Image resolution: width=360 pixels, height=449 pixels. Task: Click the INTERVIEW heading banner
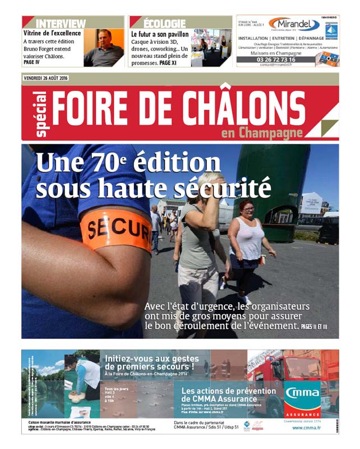pos(61,23)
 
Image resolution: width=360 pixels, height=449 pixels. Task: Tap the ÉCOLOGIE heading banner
pos(164,23)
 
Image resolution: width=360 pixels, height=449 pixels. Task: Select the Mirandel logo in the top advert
pos(294,24)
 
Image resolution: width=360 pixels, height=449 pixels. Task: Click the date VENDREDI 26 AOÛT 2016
pos(45,78)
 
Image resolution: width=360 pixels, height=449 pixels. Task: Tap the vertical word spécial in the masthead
pos(41,114)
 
